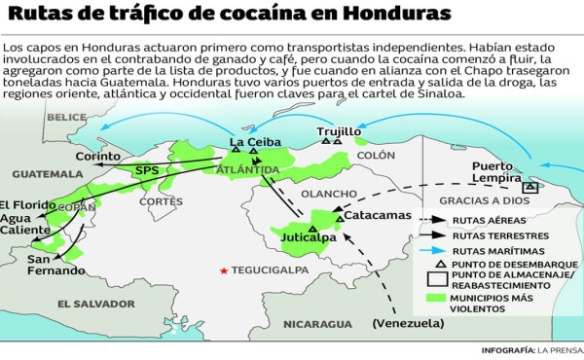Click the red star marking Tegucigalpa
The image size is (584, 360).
click(225, 270)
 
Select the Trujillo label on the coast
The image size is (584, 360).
click(339, 130)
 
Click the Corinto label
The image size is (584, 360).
click(98, 156)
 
